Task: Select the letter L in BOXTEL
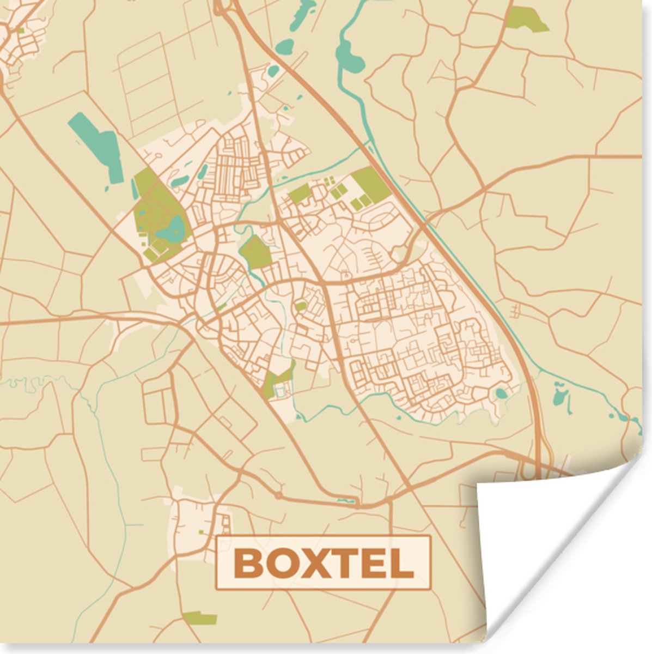[402, 564]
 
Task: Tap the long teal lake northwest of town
[98, 140]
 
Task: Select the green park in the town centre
[255, 252]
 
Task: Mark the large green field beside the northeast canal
[370, 184]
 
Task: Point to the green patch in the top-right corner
[526, 19]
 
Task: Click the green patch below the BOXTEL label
[200, 618]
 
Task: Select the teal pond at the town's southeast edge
[501, 393]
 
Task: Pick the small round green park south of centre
[301, 306]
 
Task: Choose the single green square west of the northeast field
[300, 192]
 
